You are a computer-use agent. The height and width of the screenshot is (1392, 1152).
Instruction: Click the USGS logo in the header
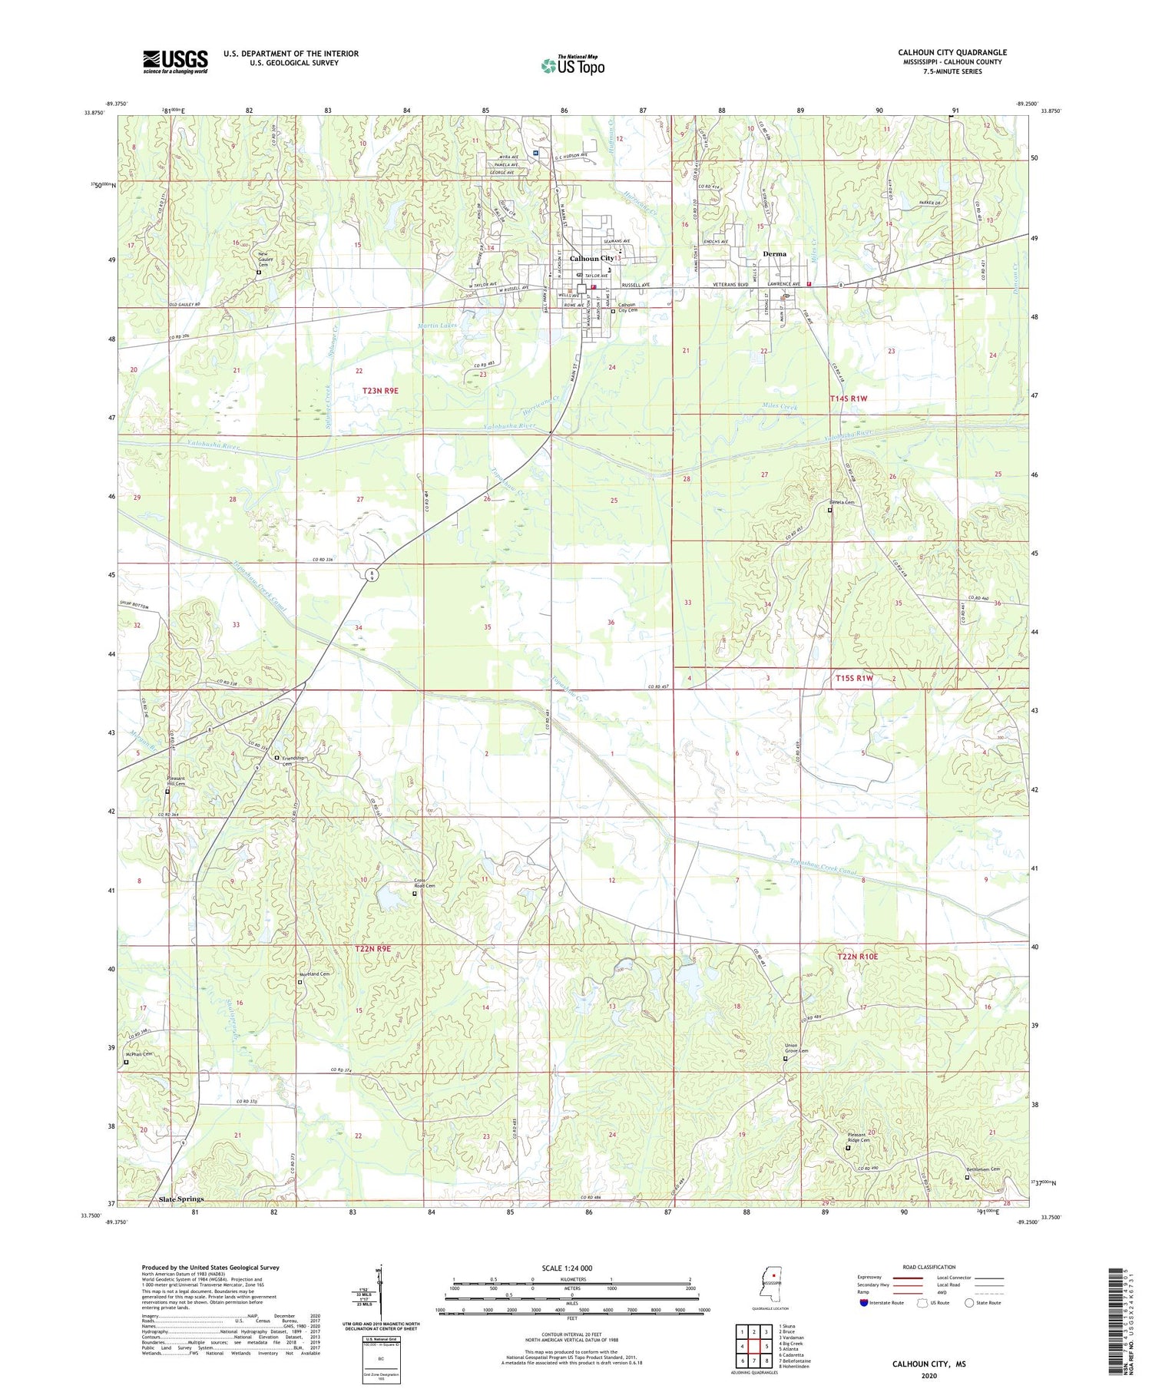(175, 61)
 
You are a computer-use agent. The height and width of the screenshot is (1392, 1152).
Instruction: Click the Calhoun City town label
(591, 259)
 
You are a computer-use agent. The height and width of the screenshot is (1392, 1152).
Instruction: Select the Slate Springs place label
(181, 1199)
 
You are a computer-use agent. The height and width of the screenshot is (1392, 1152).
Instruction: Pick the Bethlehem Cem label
(983, 1169)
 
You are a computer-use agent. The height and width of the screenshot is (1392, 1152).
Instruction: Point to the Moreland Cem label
(314, 974)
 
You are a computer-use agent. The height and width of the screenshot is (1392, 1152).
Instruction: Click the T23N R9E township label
(380, 391)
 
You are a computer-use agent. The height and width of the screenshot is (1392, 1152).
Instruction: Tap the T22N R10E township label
(856, 956)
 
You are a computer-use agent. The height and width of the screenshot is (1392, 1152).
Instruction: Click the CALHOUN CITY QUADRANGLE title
(952, 52)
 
